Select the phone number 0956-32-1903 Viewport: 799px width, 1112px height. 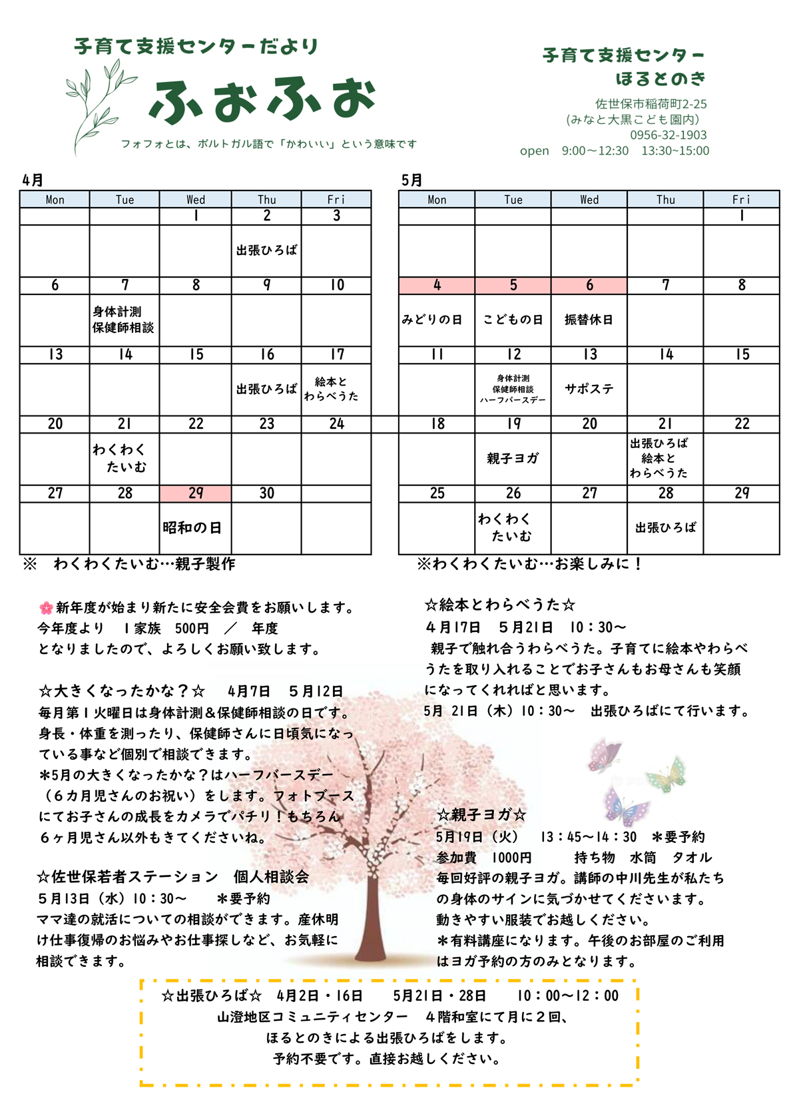tap(668, 135)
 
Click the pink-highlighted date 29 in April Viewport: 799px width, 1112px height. tap(196, 493)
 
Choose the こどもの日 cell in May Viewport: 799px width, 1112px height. tap(513, 320)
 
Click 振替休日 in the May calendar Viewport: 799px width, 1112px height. tap(589, 320)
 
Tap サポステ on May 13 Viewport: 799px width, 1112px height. tap(589, 389)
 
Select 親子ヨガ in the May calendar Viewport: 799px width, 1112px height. tap(513, 458)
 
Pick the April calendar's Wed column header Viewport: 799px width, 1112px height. tap(196, 199)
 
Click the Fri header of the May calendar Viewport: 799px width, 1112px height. tap(741, 199)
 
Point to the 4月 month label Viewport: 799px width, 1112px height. tap(33, 180)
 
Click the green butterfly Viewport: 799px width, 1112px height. tap(667, 774)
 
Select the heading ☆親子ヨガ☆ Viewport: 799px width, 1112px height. tap(481, 814)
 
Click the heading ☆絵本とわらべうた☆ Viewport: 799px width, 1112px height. tap(499, 605)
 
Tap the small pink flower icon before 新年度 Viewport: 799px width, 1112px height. tap(46, 607)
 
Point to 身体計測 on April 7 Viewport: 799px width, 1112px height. tap(117, 312)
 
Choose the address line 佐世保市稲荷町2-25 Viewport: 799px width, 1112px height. tap(651, 104)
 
